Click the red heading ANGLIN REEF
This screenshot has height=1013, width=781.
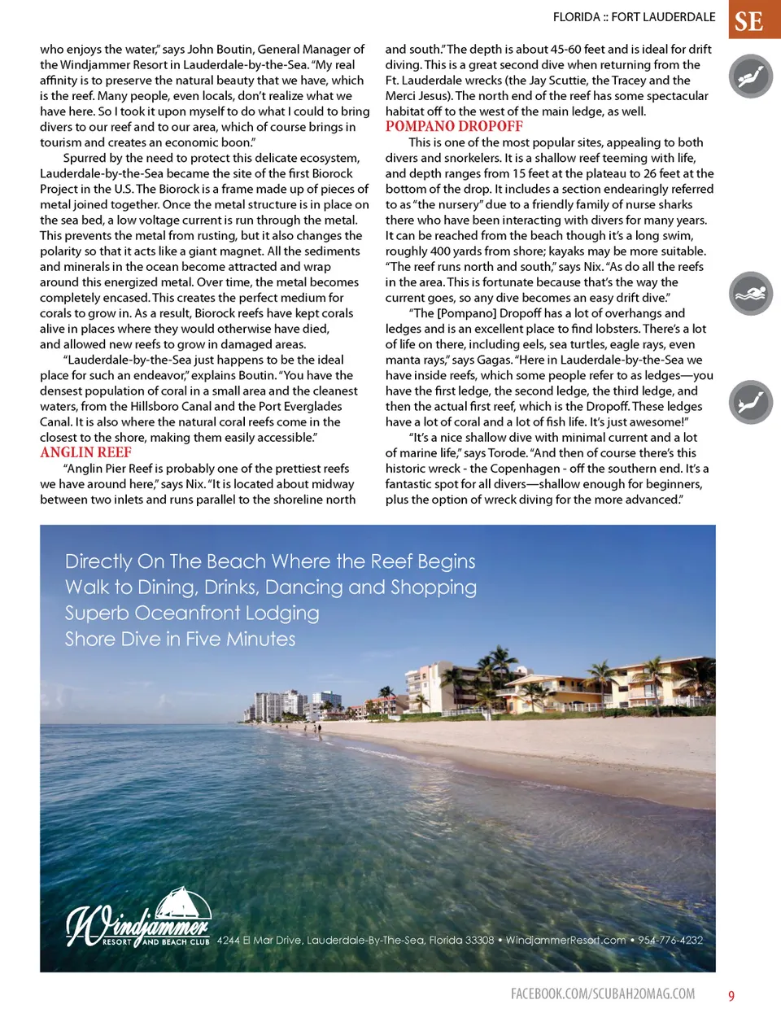click(85, 452)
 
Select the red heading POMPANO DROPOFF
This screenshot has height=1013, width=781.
click(454, 126)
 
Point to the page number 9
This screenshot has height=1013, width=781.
click(731, 996)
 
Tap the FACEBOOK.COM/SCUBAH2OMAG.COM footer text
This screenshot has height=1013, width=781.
click(603, 993)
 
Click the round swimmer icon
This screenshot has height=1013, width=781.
click(750, 294)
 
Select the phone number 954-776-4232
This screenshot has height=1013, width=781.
click(670, 940)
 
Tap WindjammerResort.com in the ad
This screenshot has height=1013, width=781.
click(565, 940)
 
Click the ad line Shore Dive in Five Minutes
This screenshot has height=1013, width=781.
click(180, 639)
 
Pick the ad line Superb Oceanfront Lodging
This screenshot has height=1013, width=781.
click(192, 613)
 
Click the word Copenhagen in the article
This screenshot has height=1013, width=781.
click(525, 469)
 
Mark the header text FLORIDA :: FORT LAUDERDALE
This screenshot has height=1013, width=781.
click(634, 16)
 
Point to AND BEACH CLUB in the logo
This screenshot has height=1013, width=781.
click(176, 942)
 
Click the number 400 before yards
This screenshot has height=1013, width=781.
click(441, 251)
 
